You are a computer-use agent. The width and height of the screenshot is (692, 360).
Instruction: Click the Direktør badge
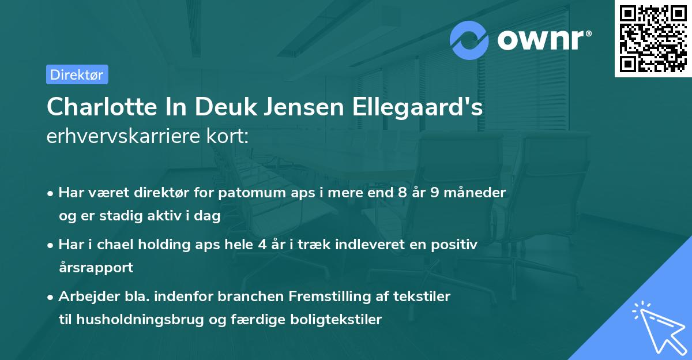point(77,74)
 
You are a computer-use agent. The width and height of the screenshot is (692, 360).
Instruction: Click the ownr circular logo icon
point(469,40)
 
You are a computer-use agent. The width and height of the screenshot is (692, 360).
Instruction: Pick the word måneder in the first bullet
point(478,192)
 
